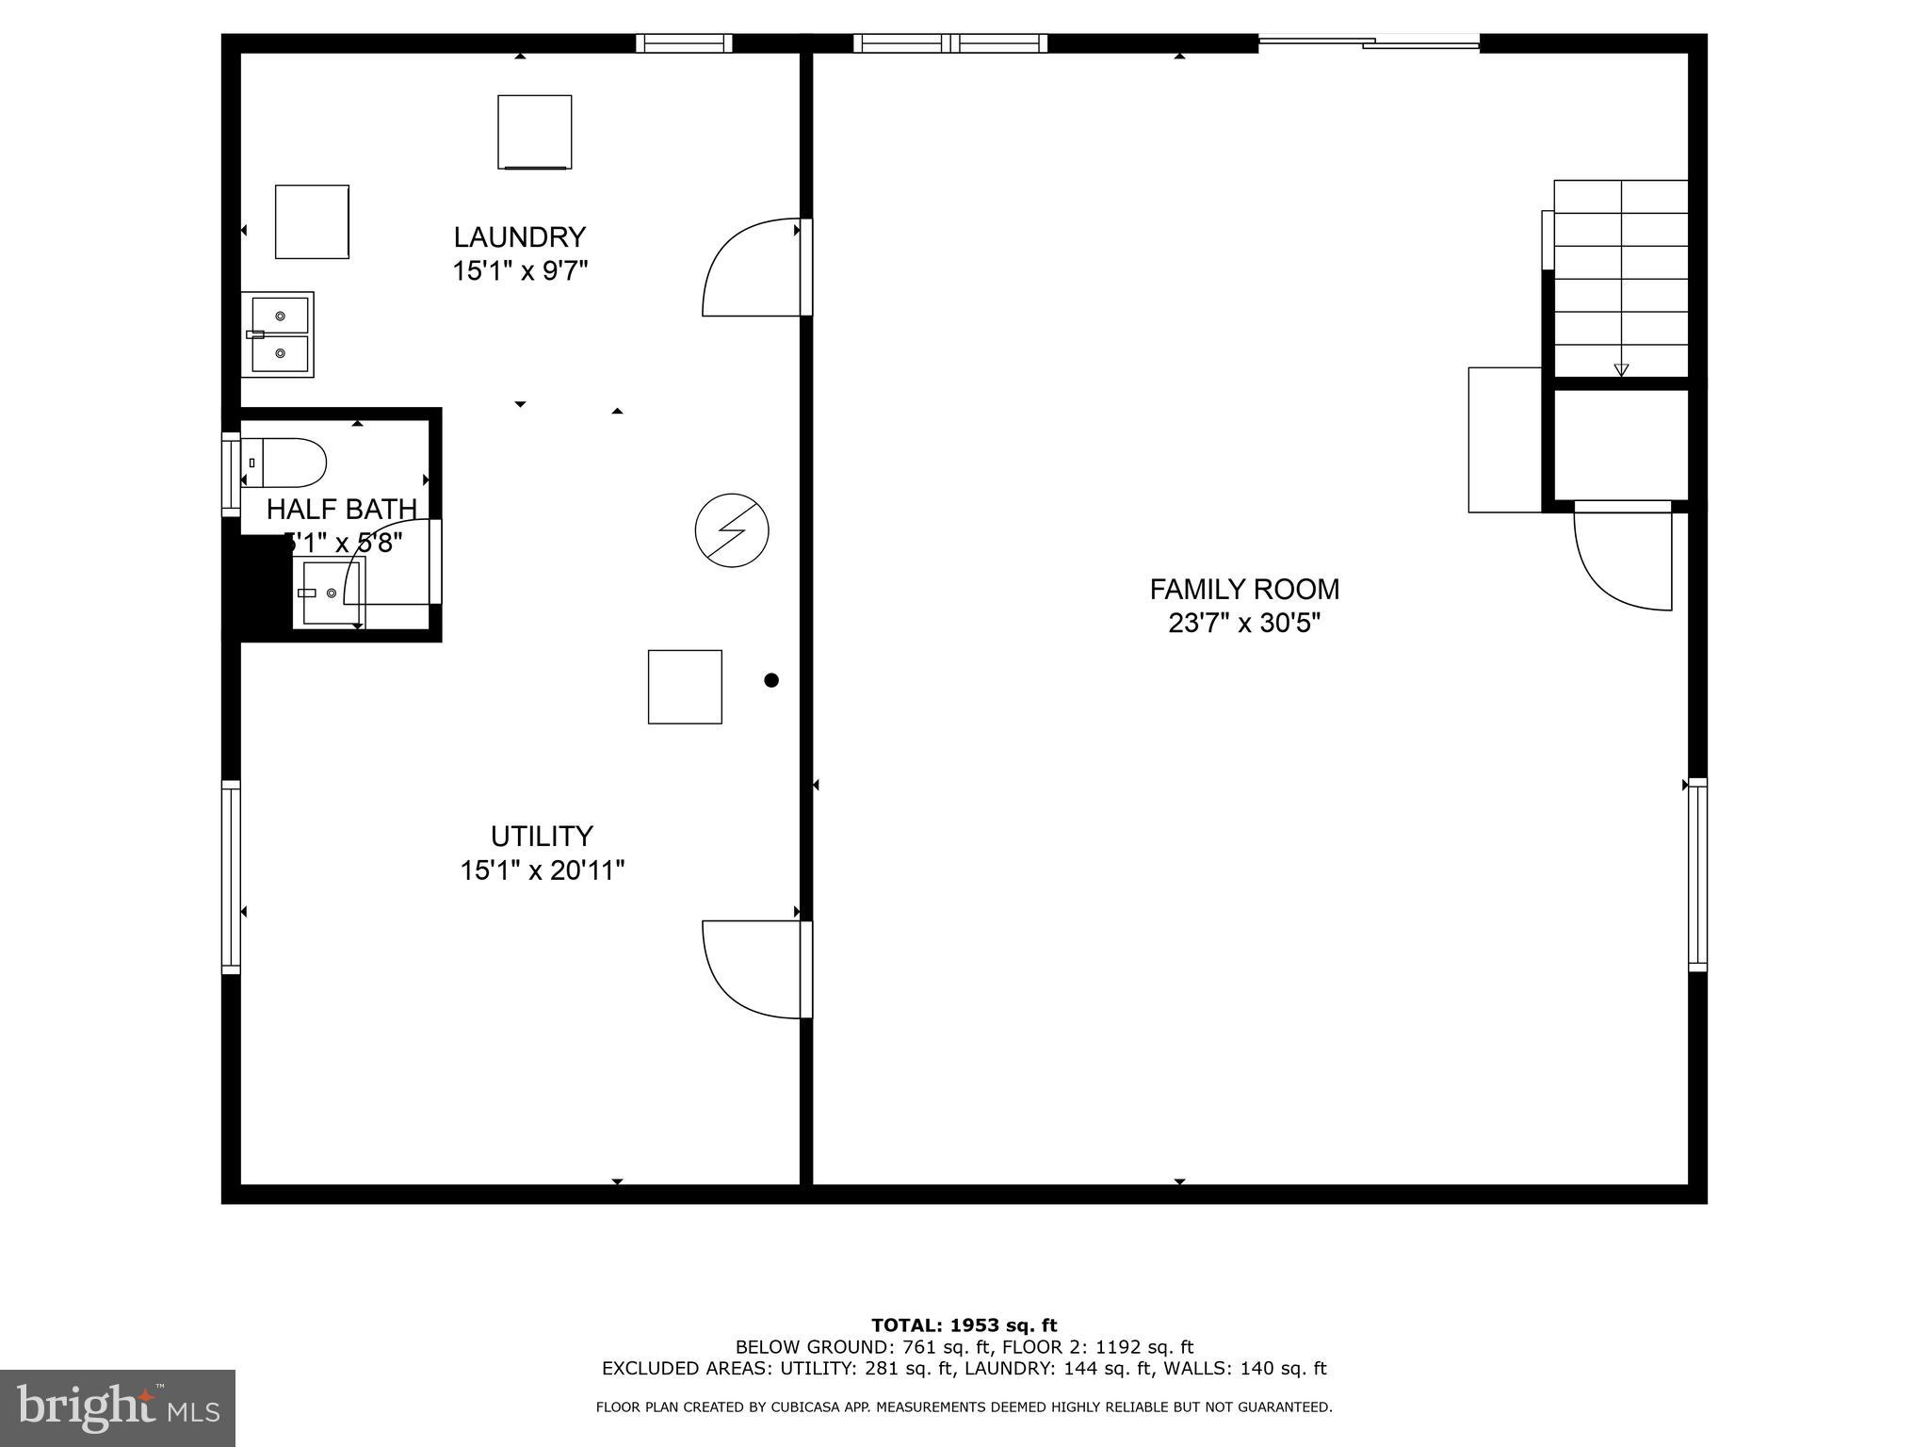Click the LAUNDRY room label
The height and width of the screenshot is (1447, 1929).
[519, 236]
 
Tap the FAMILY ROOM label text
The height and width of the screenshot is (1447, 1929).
[1243, 590]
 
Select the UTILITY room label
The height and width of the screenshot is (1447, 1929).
[542, 837]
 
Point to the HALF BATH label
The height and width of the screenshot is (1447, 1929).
[341, 510]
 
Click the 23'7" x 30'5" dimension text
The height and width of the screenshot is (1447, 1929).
[1243, 624]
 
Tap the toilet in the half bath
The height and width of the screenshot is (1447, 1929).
[285, 463]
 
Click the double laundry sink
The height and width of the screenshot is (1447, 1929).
[279, 334]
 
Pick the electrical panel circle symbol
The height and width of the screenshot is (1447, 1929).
[732, 530]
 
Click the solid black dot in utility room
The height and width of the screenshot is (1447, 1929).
[771, 680]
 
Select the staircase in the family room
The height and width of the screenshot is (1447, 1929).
[1619, 278]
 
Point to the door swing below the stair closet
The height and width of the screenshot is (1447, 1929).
[1622, 561]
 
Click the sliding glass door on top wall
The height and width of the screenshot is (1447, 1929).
[1369, 42]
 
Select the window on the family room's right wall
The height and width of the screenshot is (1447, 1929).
[1696, 875]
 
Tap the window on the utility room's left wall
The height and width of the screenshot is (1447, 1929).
[231, 877]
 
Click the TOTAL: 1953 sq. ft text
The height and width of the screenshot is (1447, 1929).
[964, 1325]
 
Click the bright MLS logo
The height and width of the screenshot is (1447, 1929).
[118, 1408]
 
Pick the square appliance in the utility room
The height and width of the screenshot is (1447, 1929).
[685, 687]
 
